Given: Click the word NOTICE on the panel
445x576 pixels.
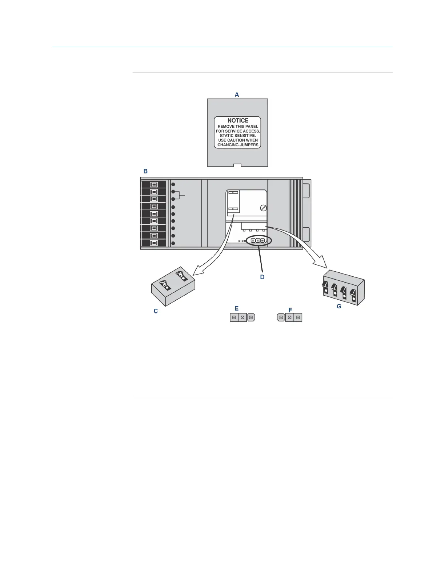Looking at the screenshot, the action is click(x=238, y=120).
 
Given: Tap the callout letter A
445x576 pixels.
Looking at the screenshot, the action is click(x=237, y=95).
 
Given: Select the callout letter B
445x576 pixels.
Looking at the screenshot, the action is click(x=145, y=171).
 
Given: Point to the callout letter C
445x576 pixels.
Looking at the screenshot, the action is click(x=156, y=311).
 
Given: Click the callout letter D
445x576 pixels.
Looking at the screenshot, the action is click(x=262, y=277).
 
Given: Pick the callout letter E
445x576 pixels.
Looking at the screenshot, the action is click(x=236, y=308).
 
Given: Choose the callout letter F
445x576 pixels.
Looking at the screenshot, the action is click(x=290, y=310).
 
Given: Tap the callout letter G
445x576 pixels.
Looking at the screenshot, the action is click(x=339, y=306).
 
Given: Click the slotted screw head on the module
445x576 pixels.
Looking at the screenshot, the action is click(x=264, y=208).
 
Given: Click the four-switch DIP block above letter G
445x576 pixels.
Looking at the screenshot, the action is click(x=344, y=287).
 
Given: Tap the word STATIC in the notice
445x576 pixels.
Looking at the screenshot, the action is click(x=228, y=136).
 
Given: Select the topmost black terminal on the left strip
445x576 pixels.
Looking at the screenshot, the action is click(x=154, y=184).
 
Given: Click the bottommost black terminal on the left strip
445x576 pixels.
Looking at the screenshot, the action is click(x=154, y=243).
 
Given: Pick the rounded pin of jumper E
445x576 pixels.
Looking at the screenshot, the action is click(x=251, y=317).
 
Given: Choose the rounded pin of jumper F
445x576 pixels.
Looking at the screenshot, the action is click(x=281, y=317).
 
